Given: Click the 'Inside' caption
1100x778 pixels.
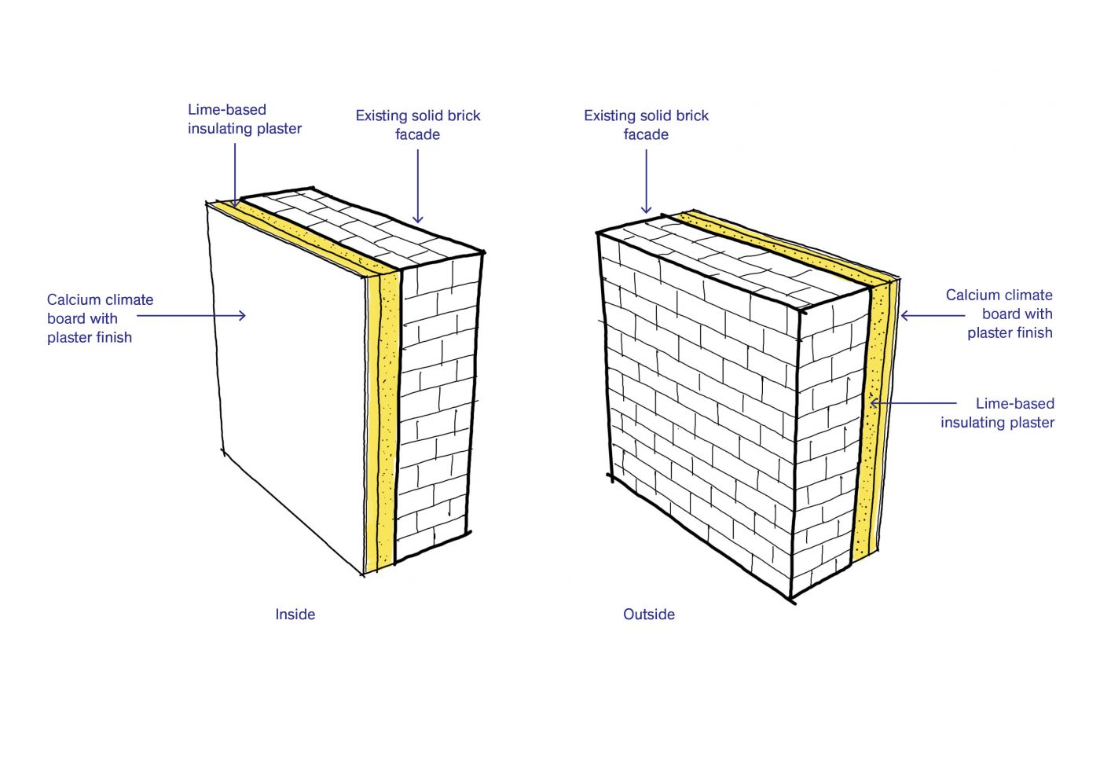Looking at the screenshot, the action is point(295,614).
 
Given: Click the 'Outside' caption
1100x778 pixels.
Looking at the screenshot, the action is point(649,614).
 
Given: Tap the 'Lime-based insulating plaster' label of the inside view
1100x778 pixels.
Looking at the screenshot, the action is point(244,119).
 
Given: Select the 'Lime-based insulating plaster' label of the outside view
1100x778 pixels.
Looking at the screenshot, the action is point(997,413).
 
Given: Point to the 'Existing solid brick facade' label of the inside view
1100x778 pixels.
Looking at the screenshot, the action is point(418,125).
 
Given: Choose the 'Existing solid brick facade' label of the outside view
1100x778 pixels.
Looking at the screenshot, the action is point(646,125).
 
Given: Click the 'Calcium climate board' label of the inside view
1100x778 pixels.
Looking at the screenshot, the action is point(101,318).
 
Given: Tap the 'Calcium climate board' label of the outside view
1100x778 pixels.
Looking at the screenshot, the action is point(999,314).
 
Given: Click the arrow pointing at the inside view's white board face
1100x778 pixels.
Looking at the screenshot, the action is point(191,315).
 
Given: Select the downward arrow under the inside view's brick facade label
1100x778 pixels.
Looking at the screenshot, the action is point(418,187).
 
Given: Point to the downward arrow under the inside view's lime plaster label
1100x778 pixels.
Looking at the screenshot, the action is point(235,174).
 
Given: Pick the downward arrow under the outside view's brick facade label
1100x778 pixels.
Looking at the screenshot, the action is point(646,182).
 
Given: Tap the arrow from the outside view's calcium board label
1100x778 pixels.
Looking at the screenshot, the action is point(933,315).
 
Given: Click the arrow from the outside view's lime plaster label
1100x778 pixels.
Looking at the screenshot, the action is point(913,403).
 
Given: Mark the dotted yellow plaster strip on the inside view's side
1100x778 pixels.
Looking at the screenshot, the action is point(388,417).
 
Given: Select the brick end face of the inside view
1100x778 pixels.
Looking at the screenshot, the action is point(437,408).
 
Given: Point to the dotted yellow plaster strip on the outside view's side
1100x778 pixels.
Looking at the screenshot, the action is point(864,423).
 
